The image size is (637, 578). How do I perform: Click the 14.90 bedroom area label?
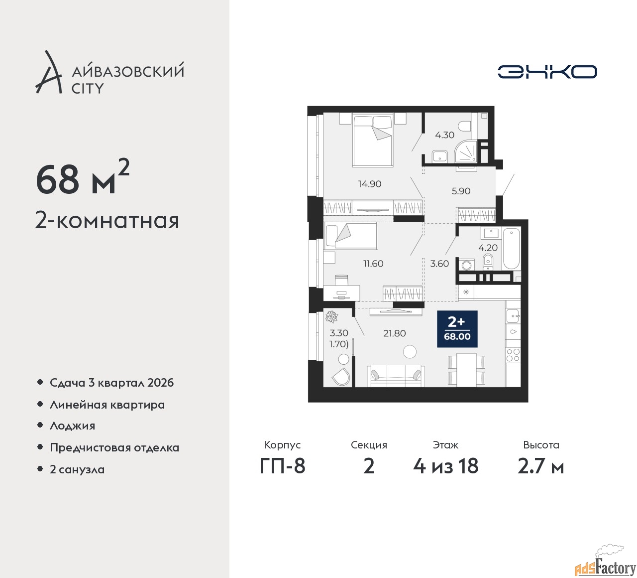pyautogui.click(x=369, y=184)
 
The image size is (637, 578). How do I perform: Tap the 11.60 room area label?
pyautogui.click(x=373, y=264)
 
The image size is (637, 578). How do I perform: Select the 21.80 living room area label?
pyautogui.click(x=394, y=333)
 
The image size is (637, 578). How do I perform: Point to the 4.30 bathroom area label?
pyautogui.click(x=444, y=135)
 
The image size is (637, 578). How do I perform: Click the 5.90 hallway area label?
pyautogui.click(x=461, y=191)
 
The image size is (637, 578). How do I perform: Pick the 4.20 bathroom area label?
pyautogui.click(x=488, y=247)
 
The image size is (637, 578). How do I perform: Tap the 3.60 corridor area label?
pyautogui.click(x=439, y=264)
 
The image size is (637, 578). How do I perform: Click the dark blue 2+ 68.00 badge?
pyautogui.click(x=457, y=329)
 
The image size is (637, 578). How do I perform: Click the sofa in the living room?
pyautogui.click(x=396, y=376)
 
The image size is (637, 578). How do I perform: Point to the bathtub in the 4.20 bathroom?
pyautogui.click(x=511, y=248)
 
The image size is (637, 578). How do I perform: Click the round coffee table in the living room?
pyautogui.click(x=410, y=352)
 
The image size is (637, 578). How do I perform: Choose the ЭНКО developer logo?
pyautogui.click(x=547, y=72)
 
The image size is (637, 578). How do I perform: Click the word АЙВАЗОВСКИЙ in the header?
pyautogui.click(x=128, y=71)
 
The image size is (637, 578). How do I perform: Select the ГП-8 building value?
pyautogui.click(x=282, y=466)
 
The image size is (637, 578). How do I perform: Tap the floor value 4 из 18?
pyautogui.click(x=445, y=466)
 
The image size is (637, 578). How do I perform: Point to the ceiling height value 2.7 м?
pyautogui.click(x=540, y=466)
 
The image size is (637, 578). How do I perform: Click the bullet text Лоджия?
pyautogui.click(x=72, y=426)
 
